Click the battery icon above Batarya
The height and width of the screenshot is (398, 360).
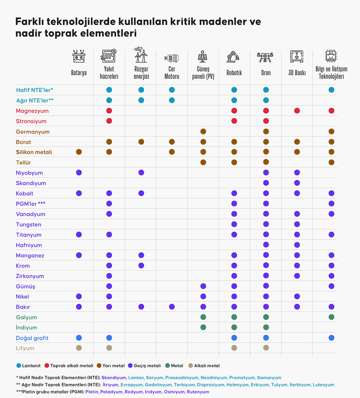coord(79,56)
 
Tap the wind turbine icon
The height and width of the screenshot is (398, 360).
coord(140,55)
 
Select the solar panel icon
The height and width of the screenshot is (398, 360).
coord(203,56)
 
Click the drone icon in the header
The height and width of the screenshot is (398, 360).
coord(265,57)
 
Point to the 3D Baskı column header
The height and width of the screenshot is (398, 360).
coord(297,73)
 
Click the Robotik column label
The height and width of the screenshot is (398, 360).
coord(234,73)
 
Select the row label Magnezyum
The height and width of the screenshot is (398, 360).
coord(32,111)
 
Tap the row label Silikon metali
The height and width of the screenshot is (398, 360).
coord(34,152)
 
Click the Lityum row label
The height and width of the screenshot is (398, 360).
coord(25,348)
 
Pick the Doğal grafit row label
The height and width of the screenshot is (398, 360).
coord(32,338)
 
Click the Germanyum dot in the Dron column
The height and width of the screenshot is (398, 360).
coord(266,131)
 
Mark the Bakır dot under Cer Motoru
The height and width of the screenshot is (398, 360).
coord(172,307)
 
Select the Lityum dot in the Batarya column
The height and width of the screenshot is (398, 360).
coord(79,348)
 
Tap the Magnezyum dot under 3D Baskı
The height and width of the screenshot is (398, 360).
coord(297,111)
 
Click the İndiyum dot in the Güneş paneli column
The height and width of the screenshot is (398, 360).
coord(203,327)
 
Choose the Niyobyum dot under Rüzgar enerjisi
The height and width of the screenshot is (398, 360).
coord(141,173)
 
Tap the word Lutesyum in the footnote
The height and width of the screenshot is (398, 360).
coord(323,385)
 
